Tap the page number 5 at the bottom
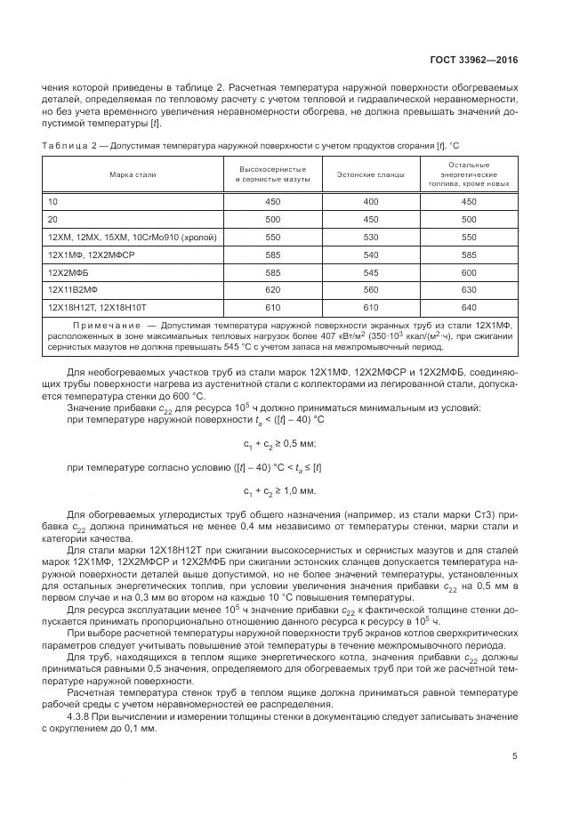coord(515,757)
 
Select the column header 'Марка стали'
coord(133,174)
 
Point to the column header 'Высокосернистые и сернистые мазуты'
coord(273,174)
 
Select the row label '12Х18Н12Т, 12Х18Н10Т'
coord(93,306)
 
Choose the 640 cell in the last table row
coord(470,306)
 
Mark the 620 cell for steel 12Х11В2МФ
coord(273,288)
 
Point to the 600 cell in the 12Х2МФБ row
coord(470,271)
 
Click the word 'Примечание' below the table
coord(104,327)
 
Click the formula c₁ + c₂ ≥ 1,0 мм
coord(279,490)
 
